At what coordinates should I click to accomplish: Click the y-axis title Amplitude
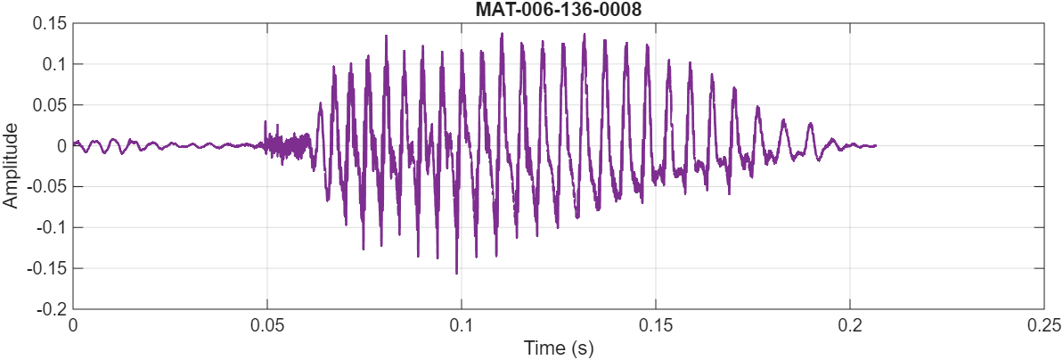[11, 166]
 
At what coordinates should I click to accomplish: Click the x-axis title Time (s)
[558, 348]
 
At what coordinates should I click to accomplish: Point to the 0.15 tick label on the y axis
[51, 23]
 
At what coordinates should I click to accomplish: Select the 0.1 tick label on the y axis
[54, 64]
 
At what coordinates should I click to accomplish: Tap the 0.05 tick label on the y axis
[51, 105]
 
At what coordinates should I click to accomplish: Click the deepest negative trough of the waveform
[457, 274]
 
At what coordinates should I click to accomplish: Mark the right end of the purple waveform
[875, 145]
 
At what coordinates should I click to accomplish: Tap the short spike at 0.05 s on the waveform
[266, 122]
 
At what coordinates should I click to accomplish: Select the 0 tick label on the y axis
[61, 146]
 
